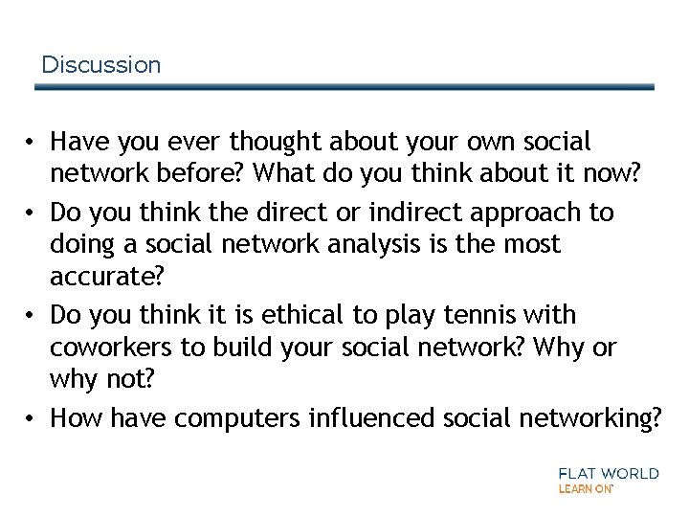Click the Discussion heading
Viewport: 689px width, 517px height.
[x=101, y=65]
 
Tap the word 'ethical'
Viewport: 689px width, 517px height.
[x=283, y=315]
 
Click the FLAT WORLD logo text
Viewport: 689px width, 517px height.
[x=608, y=473]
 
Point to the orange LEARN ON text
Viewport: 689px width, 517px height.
[x=584, y=488]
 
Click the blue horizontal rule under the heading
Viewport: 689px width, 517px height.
[x=344, y=87]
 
